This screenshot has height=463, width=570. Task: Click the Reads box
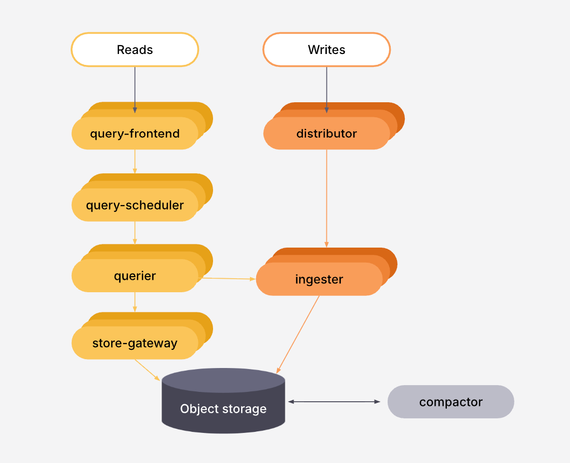135,50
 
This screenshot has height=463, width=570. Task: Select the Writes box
326,50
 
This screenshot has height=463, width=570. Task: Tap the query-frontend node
135,134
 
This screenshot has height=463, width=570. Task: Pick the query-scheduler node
135,206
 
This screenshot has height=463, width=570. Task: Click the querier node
135,276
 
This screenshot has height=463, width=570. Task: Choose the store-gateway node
135,344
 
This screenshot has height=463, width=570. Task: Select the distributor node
326,134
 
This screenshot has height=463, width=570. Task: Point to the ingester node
319,280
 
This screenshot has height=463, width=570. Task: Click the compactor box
450,402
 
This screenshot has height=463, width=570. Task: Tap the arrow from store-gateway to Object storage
147,370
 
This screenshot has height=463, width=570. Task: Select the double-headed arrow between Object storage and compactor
334,402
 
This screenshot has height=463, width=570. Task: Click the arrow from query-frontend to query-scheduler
135,161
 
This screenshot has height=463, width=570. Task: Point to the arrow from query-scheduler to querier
135,233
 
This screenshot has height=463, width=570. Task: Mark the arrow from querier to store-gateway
135,302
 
